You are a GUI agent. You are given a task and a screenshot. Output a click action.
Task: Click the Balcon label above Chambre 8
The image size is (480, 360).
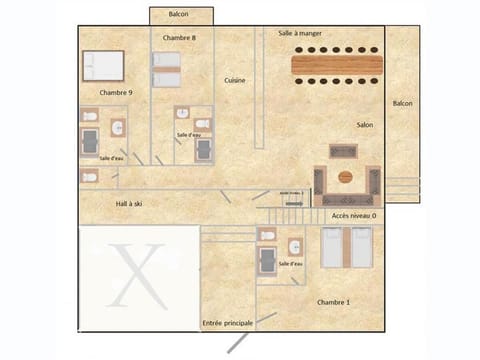tap(178, 14)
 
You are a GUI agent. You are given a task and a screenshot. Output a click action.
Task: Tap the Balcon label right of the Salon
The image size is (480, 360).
tap(402, 103)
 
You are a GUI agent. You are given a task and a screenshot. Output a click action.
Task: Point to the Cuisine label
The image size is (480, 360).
tap(235, 80)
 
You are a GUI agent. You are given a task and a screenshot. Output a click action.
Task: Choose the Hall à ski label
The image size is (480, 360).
tap(129, 203)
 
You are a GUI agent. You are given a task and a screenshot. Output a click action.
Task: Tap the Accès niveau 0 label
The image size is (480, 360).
tap(354, 215)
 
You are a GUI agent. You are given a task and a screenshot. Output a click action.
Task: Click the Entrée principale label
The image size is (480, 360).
tap(227, 323)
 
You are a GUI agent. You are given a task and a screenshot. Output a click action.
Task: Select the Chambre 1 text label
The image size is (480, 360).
tap(333, 301)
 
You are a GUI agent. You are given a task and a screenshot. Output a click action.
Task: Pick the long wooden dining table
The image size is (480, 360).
tap(337, 68)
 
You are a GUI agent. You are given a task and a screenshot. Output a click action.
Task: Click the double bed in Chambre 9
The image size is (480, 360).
tap(103, 66)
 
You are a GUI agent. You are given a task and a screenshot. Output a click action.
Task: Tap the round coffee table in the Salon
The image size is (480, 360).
tap(346, 178)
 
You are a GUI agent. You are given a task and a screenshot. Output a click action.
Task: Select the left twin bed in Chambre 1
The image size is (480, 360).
tap(332, 247)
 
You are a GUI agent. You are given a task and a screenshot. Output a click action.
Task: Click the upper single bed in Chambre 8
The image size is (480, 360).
tap(166, 61)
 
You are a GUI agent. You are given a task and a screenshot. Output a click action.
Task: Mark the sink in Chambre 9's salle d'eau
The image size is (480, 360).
tap(117, 128)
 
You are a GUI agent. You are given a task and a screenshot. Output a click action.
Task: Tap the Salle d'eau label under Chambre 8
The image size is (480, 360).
tap(190, 134)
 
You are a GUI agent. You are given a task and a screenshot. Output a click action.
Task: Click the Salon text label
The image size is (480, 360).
tap(365, 125)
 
